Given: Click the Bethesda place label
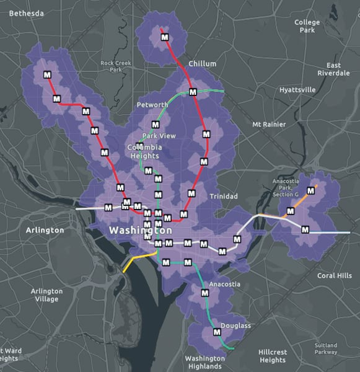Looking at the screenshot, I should (27, 13).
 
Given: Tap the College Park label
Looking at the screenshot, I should (307, 26).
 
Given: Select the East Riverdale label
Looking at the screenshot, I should (333, 69).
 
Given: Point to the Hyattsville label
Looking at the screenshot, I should (297, 90).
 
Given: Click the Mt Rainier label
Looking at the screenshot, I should (269, 125).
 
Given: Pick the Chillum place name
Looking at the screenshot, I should (202, 64).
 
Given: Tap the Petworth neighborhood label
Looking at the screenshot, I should (152, 105).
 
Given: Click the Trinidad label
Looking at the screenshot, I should (223, 197).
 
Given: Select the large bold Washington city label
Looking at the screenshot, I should (140, 231).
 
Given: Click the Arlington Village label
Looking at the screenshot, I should (46, 295).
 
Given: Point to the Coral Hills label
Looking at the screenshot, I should (335, 276).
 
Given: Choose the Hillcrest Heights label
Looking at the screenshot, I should (273, 356).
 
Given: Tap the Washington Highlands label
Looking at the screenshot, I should (204, 362).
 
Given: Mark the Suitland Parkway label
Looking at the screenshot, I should (326, 349).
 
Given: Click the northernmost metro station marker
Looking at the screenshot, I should (165, 38).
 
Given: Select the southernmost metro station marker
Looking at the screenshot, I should (217, 332).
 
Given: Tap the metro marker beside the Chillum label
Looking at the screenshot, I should (193, 92).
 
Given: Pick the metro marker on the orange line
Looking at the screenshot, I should (312, 191).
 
